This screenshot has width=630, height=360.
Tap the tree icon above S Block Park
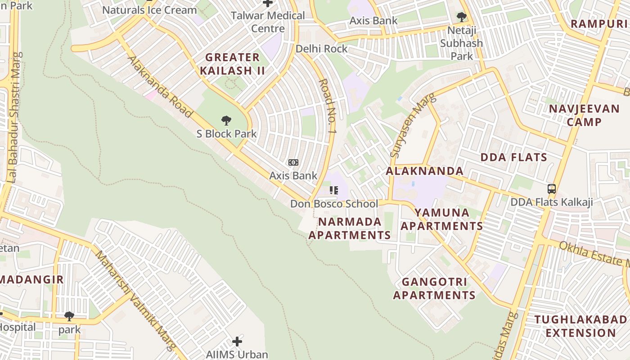click(226, 120)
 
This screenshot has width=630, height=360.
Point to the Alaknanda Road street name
click(160, 87)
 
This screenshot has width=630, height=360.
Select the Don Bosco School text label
click(334, 204)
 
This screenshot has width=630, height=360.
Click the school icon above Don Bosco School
click(333, 190)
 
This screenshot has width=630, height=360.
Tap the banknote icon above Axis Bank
click(293, 162)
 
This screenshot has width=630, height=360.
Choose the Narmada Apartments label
click(350, 228)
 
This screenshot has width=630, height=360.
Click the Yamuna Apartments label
click(441, 219)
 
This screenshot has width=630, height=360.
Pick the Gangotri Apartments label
click(434, 288)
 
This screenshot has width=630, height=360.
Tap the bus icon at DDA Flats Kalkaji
click(552, 189)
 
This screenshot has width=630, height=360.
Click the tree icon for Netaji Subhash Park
click(461, 18)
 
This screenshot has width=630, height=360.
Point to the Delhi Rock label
click(321, 49)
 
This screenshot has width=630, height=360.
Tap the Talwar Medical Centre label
click(268, 22)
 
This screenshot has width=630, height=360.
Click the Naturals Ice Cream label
click(149, 10)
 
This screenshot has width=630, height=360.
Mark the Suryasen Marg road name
click(413, 125)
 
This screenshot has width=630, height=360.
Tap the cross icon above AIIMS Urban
click(237, 342)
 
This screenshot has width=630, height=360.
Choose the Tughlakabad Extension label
click(580, 326)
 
